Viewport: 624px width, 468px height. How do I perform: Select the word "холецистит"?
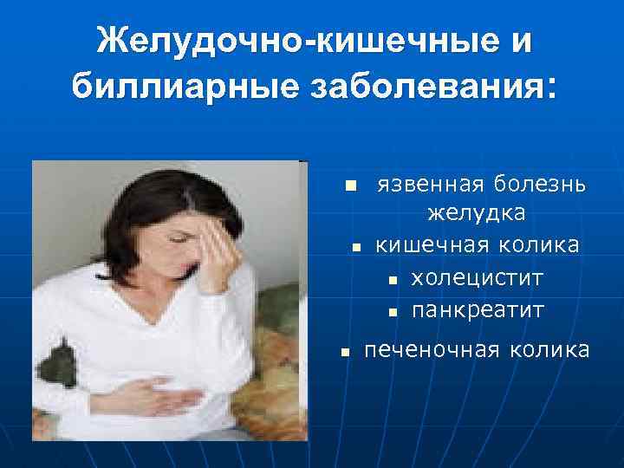[478, 277]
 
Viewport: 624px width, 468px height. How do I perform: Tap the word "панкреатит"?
[478, 309]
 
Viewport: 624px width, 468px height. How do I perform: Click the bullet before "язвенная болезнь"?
[349, 186]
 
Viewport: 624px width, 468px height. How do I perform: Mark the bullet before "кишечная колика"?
[356, 248]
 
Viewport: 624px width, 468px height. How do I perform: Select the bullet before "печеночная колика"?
[344, 352]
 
